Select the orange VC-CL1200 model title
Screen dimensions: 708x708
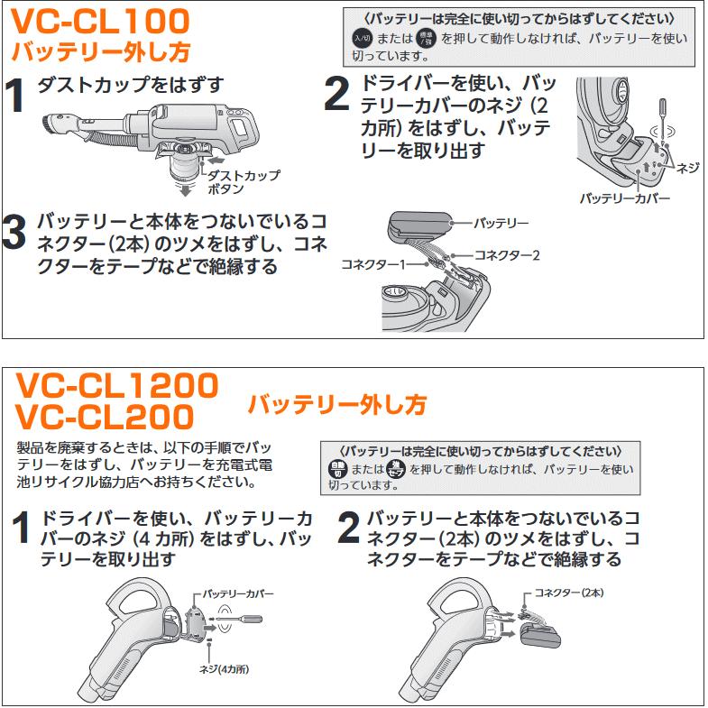coord(117,385)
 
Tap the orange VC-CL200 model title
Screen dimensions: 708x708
coord(105,417)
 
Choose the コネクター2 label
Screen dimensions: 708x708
coord(506,255)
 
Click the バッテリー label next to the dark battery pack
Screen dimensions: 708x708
coord(501,221)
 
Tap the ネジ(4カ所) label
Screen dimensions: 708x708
coord(223,669)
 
